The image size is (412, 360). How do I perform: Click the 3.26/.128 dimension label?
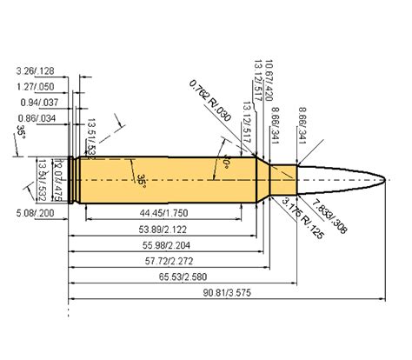tap(37, 69)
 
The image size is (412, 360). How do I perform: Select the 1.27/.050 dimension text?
tap(37, 86)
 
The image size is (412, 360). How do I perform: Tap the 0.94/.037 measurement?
tap(37, 102)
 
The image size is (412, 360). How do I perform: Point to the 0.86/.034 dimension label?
tap(37, 118)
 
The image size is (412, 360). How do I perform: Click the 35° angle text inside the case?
tap(141, 179)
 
